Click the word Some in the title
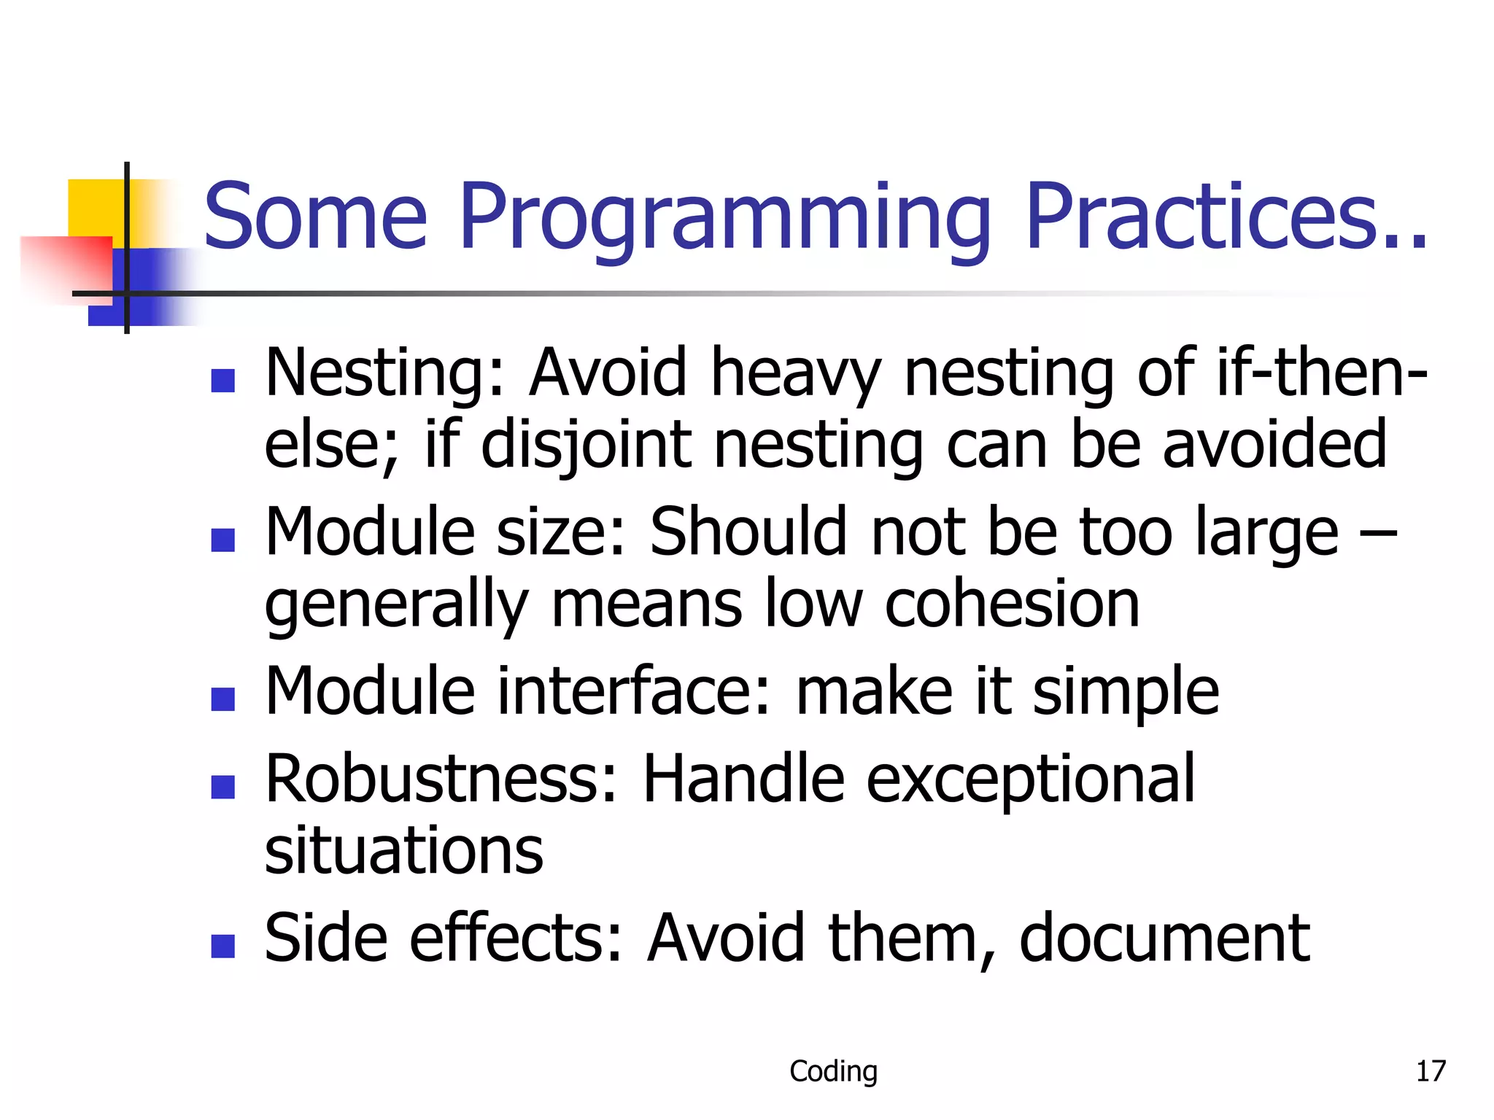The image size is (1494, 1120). pos(315,217)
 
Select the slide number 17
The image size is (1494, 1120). pos(1430,1071)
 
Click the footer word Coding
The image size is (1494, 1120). pos(833,1071)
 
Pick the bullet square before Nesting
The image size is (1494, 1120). pos(222,380)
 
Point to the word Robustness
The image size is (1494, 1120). pos(442,779)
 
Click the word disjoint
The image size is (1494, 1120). pos(586,445)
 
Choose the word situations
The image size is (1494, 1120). pos(403,851)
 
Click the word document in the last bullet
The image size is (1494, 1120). pos(1164,938)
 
